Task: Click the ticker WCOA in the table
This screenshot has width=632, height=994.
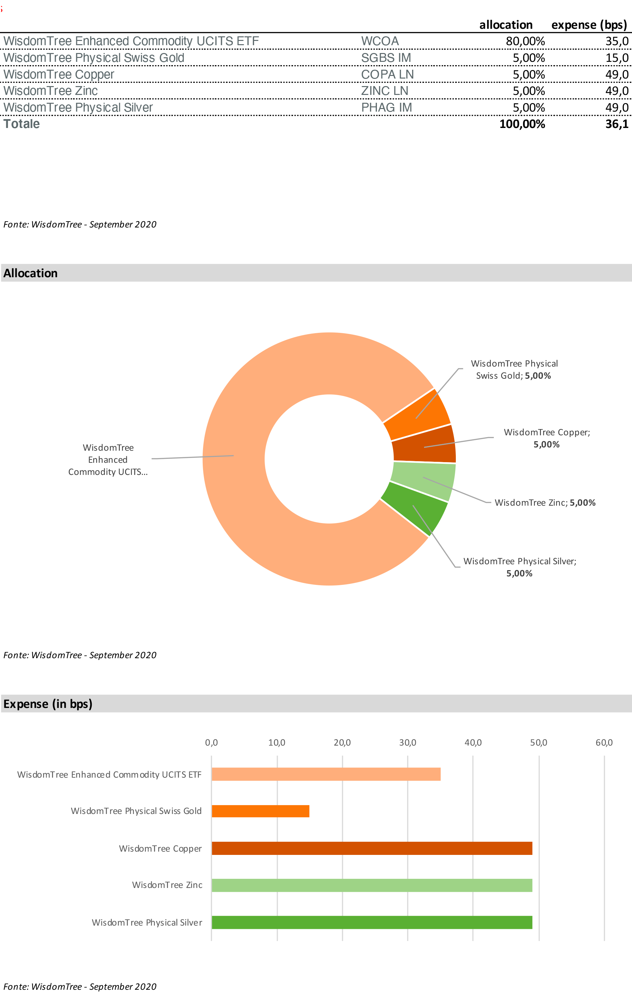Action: click(x=380, y=41)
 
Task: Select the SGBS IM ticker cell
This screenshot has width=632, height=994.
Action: click(x=386, y=58)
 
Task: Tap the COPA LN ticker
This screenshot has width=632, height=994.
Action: click(x=387, y=74)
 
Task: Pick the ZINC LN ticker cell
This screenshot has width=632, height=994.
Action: click(x=384, y=91)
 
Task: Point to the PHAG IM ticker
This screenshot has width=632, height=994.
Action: click(x=386, y=107)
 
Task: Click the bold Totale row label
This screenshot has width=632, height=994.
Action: click(x=22, y=124)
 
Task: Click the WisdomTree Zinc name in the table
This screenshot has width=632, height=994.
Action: click(x=50, y=91)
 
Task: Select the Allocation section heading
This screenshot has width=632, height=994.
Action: click(x=30, y=273)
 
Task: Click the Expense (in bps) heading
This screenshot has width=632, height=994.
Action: click(x=48, y=703)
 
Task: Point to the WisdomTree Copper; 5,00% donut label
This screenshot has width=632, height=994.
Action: click(x=547, y=438)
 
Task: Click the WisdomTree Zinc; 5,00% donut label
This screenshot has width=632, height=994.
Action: click(x=545, y=502)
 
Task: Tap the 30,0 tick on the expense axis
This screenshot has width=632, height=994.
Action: click(x=407, y=743)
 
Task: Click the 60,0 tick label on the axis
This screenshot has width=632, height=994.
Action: click(x=604, y=743)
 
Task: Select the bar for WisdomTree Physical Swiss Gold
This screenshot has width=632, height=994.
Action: click(x=260, y=811)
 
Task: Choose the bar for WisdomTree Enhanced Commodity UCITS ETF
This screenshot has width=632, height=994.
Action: click(x=326, y=774)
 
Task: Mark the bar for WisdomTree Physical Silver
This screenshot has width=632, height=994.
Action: click(x=372, y=923)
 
